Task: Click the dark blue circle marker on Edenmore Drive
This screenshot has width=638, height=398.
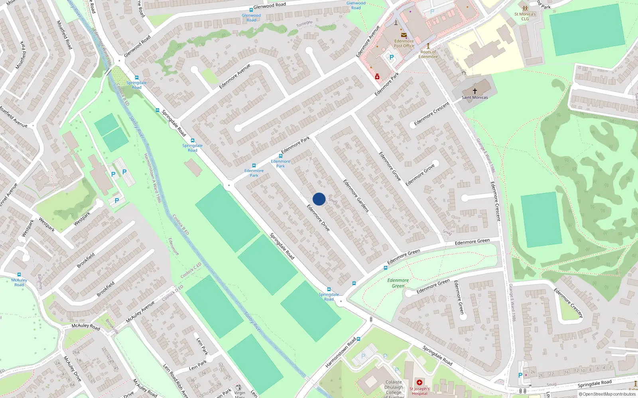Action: tap(319, 199)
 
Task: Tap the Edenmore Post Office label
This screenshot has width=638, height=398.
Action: tap(404, 43)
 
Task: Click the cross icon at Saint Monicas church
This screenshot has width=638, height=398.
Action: tap(475, 91)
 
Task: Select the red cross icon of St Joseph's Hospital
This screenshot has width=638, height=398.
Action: tap(419, 382)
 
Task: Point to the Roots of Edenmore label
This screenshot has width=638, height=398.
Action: tap(428, 54)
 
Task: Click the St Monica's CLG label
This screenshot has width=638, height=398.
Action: tap(525, 16)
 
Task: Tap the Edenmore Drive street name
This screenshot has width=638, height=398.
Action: tap(318, 218)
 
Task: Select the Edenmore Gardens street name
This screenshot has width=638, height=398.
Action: tap(356, 196)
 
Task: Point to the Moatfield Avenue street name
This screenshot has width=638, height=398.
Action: tap(13, 117)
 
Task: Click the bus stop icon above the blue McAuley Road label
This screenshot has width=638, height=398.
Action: tap(19, 275)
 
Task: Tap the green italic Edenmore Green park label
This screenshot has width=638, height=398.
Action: tap(398, 283)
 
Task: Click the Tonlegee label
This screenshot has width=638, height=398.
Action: tap(304, 24)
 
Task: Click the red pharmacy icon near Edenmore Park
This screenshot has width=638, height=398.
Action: tap(377, 76)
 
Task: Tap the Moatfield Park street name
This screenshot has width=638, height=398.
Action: tap(20, 55)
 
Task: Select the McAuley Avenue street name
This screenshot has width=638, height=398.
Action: tap(140, 312)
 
